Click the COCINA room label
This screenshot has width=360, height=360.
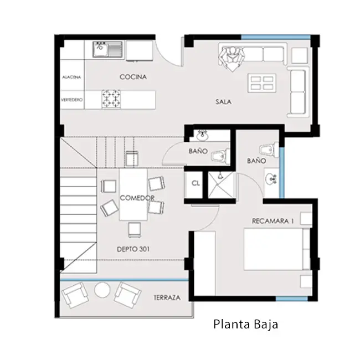pyautogui.click(x=133, y=77)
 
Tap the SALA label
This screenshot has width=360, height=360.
pyautogui.click(x=223, y=102)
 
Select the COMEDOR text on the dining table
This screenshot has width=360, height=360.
pyautogui.click(x=137, y=198)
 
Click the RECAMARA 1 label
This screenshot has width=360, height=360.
pyautogui.click(x=272, y=221)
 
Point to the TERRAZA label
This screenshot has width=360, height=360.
pyautogui.click(x=167, y=298)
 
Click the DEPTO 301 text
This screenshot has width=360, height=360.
pyautogui.click(x=133, y=249)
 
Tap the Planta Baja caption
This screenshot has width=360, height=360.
pyautogui.click(x=246, y=324)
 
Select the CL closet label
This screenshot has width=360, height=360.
pyautogui.click(x=196, y=183)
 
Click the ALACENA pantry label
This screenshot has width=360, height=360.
pyautogui.click(x=71, y=77)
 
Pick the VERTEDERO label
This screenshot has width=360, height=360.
pyautogui.click(x=72, y=100)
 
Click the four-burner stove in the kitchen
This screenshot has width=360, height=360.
pyautogui.click(x=111, y=99)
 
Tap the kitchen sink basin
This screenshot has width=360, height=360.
pyautogui.click(x=100, y=50)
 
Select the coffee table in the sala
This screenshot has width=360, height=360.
pyautogui.click(x=262, y=83)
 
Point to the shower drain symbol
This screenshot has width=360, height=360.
pyautogui.click(x=220, y=176)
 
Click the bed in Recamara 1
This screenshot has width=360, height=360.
pyautogui.click(x=277, y=249)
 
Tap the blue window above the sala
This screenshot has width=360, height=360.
pyautogui.click(x=276, y=37)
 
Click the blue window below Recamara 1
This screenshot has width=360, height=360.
pyautogui.click(x=291, y=299)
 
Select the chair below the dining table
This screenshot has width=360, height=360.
pyautogui.click(x=135, y=230)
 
